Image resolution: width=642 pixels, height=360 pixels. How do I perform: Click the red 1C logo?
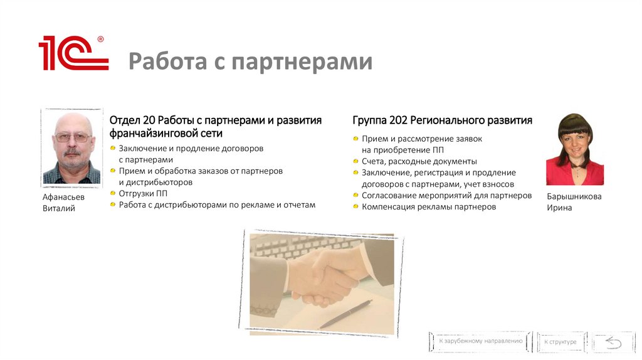[73, 54]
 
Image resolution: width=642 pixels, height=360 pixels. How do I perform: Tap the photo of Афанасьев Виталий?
[71, 148]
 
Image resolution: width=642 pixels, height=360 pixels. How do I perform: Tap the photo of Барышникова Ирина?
[575, 149]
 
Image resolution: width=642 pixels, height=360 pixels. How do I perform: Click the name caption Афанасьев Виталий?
[63, 202]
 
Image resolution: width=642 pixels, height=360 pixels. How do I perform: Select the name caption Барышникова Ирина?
[574, 201]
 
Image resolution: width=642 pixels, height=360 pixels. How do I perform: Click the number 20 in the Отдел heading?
[149, 120]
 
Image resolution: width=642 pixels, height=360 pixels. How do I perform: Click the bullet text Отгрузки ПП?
[143, 193]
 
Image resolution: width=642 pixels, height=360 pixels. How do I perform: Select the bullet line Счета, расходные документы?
[419, 161]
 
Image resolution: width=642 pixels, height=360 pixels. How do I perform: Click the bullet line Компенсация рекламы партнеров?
[428, 206]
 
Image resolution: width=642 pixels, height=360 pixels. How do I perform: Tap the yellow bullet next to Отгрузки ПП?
[113, 193]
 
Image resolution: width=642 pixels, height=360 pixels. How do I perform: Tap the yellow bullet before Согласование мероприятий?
[355, 195]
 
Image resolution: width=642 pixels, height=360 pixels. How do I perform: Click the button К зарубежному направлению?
[480, 341]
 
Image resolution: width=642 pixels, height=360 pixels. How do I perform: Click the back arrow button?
[613, 342]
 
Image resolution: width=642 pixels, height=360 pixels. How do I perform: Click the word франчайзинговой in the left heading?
[150, 134]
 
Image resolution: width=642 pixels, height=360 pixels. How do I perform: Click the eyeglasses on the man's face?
[72, 137]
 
